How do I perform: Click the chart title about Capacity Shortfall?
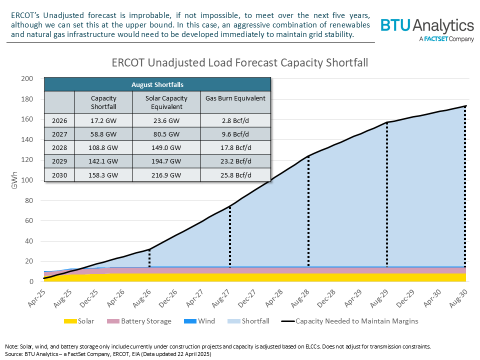[239, 63]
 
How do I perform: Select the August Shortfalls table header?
[157, 84]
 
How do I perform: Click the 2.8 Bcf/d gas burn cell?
[235, 121]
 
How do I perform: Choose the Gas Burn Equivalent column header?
[235, 98]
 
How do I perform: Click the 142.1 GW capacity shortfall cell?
[103, 162]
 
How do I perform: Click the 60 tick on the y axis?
[29, 220]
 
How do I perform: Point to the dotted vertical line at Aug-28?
[308, 210]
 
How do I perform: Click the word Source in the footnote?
[14, 353]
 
